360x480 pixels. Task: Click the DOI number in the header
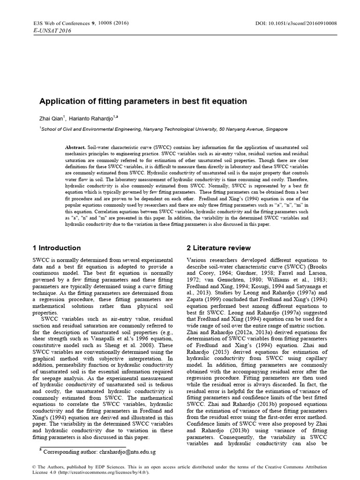300,23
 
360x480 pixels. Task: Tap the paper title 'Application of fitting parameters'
142,101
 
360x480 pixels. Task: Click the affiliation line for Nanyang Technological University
164,128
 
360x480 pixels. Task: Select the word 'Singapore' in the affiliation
274,128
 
